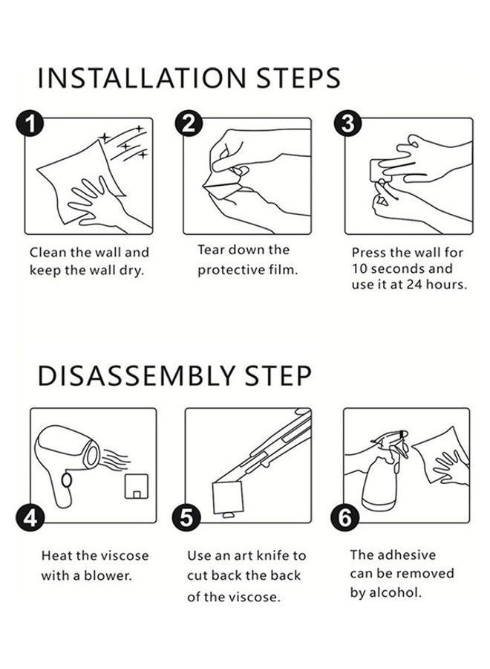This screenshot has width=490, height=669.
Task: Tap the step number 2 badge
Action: pyautogui.click(x=189, y=123)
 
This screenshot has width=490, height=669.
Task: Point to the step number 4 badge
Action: pyautogui.click(x=30, y=519)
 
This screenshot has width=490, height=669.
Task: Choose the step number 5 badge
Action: pyautogui.click(x=186, y=519)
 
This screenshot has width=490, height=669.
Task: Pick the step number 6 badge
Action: pyautogui.click(x=344, y=519)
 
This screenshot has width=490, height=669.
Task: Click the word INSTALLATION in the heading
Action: pyautogui.click(x=142, y=78)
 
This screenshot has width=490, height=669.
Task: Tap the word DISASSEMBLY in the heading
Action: pyautogui.click(x=136, y=376)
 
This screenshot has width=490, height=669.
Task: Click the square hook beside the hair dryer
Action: pyautogui.click(x=137, y=486)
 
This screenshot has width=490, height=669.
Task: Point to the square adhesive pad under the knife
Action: pyautogui.click(x=228, y=498)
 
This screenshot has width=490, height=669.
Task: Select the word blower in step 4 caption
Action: pyautogui.click(x=108, y=575)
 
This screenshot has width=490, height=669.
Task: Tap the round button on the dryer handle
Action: pyautogui.click(x=67, y=480)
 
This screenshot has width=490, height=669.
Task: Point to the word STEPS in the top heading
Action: pyautogui.click(x=298, y=78)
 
